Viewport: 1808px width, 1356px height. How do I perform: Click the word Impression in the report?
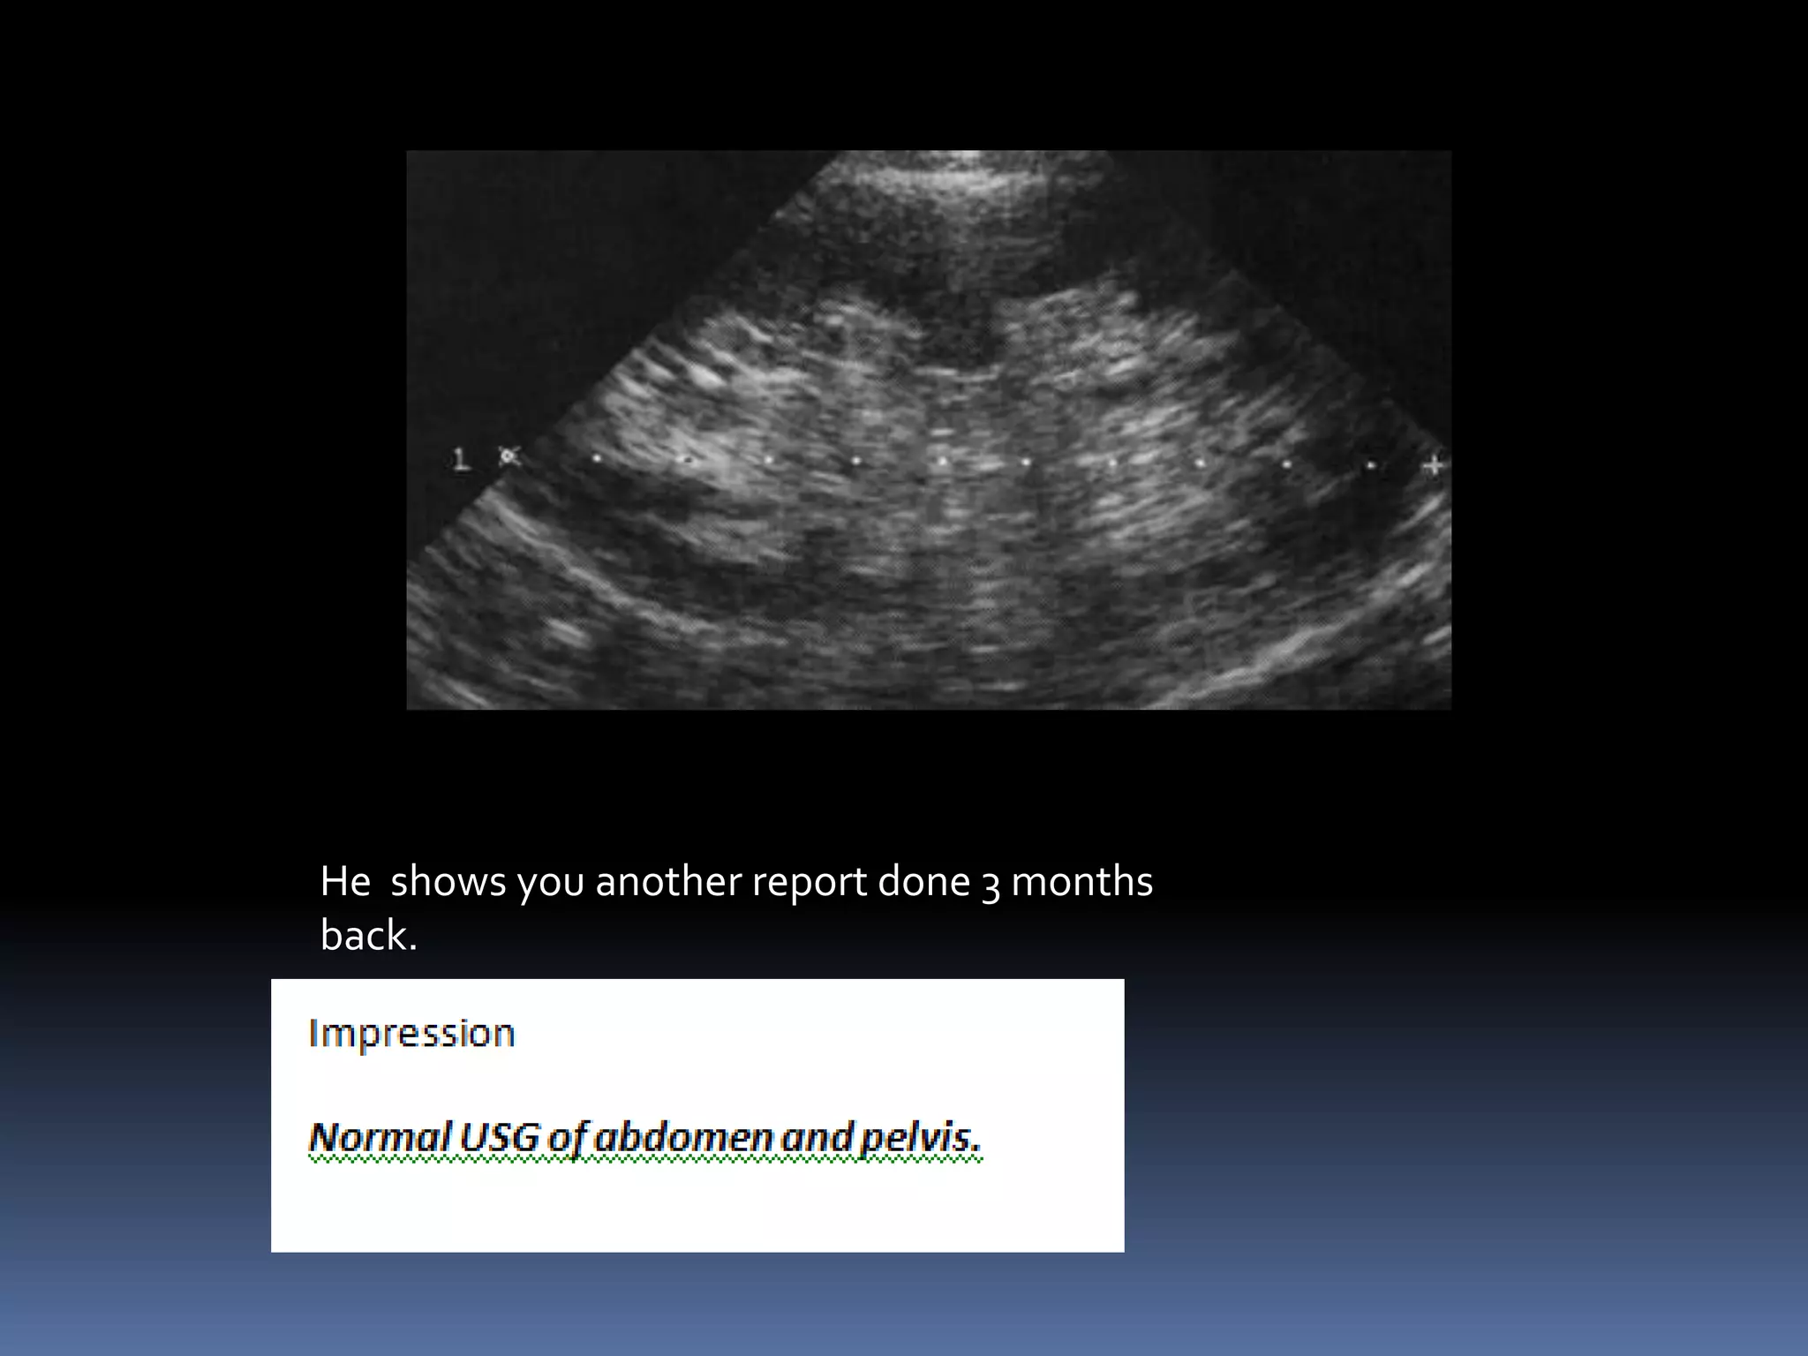tap(411, 1033)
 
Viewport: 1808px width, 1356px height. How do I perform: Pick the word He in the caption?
tap(345, 881)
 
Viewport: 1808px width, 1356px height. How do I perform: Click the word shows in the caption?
tap(448, 881)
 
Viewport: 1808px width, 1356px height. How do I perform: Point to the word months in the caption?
tap(1081, 881)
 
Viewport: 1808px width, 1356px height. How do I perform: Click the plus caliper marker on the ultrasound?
tap(1434, 464)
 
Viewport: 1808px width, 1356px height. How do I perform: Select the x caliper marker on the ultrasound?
tap(508, 457)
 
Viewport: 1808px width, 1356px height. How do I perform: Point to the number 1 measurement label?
tap(459, 459)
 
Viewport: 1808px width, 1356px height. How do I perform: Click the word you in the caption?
tap(550, 883)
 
